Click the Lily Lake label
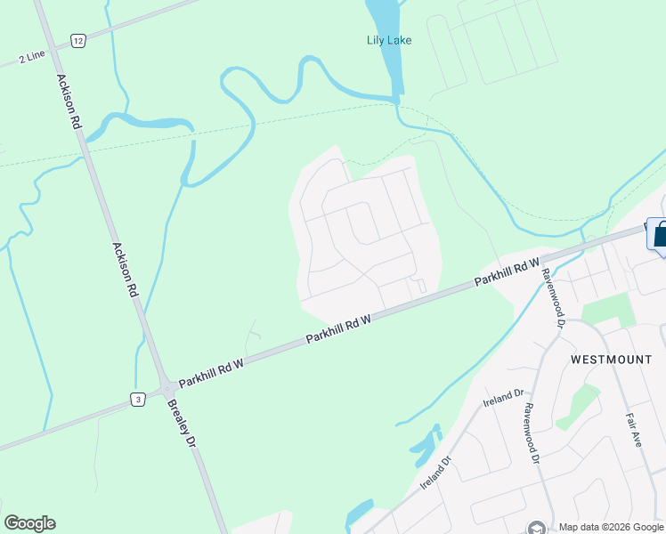(x=389, y=39)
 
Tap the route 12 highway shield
(x=78, y=41)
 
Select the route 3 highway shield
(x=138, y=399)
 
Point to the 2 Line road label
(x=31, y=58)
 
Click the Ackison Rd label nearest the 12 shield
(x=69, y=102)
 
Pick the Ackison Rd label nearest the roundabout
(x=126, y=270)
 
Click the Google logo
(x=29, y=523)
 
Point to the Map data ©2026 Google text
(x=612, y=527)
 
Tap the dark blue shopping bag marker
(x=661, y=236)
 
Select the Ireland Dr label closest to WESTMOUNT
(x=507, y=399)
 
